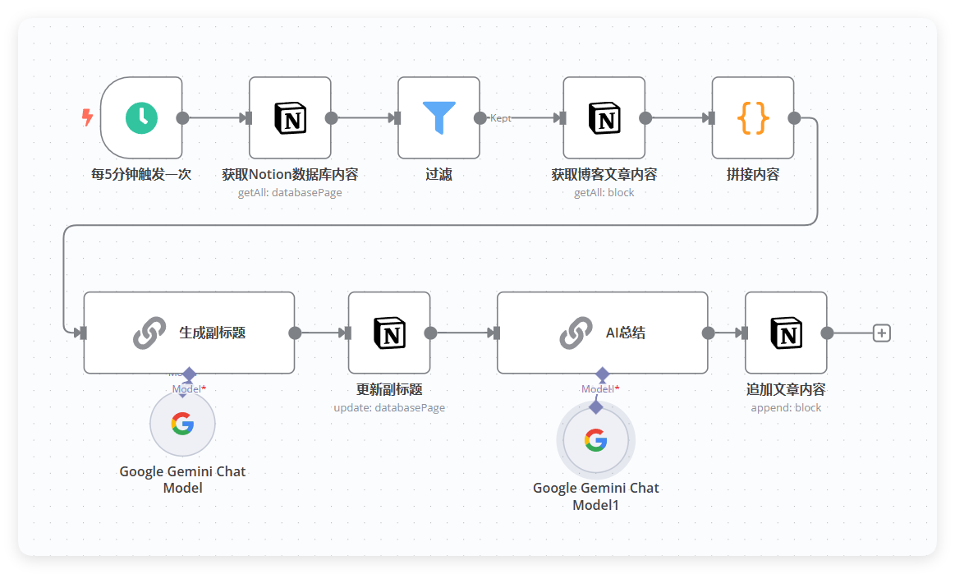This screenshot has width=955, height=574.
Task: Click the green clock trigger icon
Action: pyautogui.click(x=141, y=117)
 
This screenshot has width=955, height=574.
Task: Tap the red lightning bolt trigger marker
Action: pyautogui.click(x=88, y=117)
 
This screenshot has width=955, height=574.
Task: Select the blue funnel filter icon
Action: pyautogui.click(x=438, y=117)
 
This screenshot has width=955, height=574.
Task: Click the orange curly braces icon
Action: pyautogui.click(x=753, y=117)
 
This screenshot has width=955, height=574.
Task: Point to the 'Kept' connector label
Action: pyautogui.click(x=501, y=118)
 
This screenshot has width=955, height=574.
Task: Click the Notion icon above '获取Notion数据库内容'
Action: pyautogui.click(x=290, y=117)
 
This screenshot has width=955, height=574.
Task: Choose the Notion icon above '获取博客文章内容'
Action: pyautogui.click(x=604, y=117)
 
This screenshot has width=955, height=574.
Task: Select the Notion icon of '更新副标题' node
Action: pyautogui.click(x=389, y=333)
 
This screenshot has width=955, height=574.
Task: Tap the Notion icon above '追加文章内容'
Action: pyautogui.click(x=787, y=333)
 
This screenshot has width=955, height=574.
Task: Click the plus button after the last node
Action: pyautogui.click(x=881, y=333)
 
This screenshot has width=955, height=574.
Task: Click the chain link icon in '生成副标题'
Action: pyautogui.click(x=149, y=333)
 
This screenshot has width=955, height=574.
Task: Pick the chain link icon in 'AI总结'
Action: pyautogui.click(x=576, y=333)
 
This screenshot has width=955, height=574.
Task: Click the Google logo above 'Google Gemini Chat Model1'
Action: pyautogui.click(x=595, y=440)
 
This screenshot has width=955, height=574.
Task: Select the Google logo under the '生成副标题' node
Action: pyautogui.click(x=183, y=424)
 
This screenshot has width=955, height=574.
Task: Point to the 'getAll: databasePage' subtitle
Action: pyautogui.click(x=290, y=192)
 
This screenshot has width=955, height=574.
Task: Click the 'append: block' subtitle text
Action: pyautogui.click(x=786, y=407)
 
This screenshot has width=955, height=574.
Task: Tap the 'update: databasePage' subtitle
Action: pyautogui.click(x=389, y=407)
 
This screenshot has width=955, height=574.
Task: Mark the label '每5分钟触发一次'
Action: pyautogui.click(x=141, y=174)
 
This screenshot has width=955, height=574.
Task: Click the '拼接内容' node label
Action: pyautogui.click(x=753, y=174)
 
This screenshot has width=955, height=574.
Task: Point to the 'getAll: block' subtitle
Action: pyautogui.click(x=604, y=192)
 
